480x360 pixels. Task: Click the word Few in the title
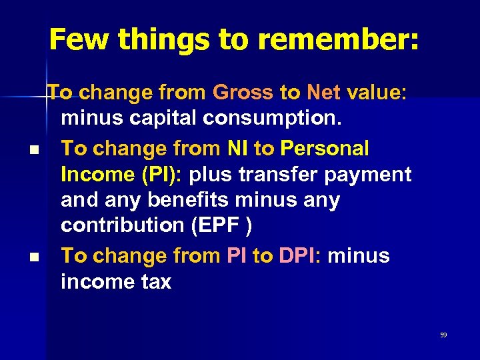click(x=75, y=40)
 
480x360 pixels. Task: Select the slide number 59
click(x=443, y=335)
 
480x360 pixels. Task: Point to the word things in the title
click(x=155, y=40)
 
